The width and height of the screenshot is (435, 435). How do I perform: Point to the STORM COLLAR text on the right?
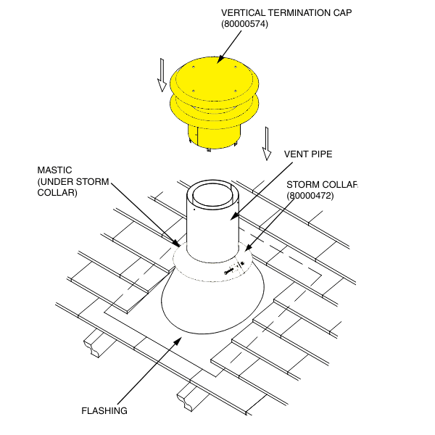tap(321, 184)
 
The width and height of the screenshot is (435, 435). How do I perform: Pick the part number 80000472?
tap(310, 195)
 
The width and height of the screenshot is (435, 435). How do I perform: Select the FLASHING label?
tap(104, 410)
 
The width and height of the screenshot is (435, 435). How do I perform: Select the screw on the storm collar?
tap(231, 271)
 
